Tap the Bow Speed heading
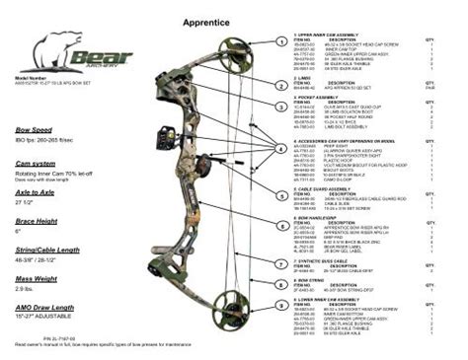pos(33,130)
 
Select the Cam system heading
pos(35,163)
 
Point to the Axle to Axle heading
pos(36,194)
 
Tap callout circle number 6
pos(283,225)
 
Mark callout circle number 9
pos(283,307)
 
